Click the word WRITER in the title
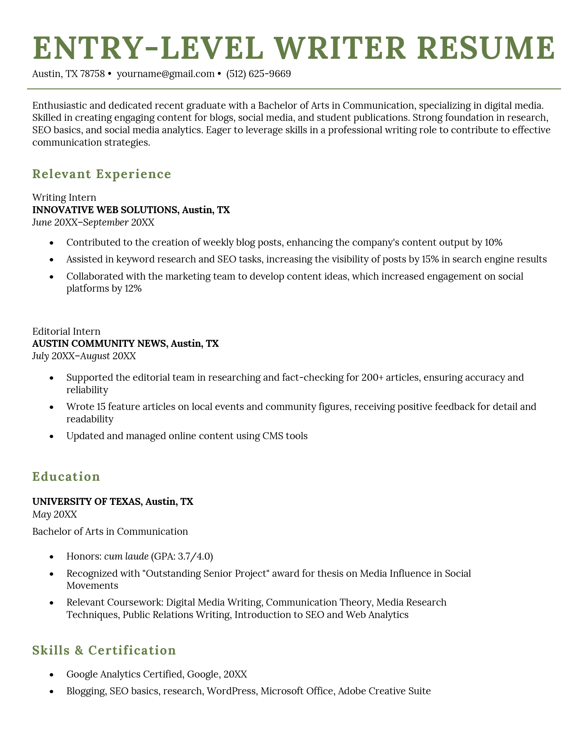click(342, 48)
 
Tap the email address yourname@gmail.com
click(165, 74)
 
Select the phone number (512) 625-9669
click(258, 74)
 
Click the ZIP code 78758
click(92, 74)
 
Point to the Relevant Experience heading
click(101, 174)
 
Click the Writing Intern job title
click(64, 197)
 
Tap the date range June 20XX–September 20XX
click(93, 222)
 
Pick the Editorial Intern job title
click(66, 331)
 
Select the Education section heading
click(66, 477)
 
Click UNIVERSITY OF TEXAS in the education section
click(87, 502)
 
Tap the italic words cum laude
click(126, 556)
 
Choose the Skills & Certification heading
click(104, 650)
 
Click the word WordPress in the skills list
click(231, 691)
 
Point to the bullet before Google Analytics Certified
click(51, 675)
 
